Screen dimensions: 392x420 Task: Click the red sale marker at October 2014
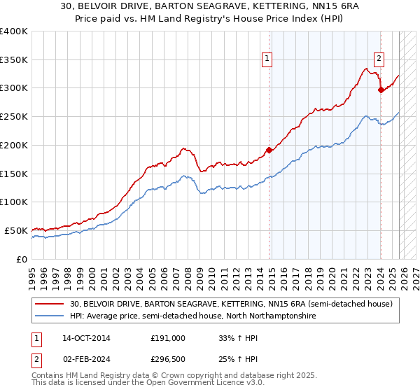click(x=269, y=150)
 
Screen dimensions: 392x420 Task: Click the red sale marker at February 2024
click(x=380, y=90)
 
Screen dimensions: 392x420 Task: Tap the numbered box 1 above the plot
click(x=268, y=59)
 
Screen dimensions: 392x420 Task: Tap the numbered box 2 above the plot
click(x=379, y=59)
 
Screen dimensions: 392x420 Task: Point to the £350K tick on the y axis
click(x=14, y=60)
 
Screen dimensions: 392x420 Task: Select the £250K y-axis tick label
click(x=14, y=117)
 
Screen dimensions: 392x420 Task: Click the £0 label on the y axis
click(x=21, y=259)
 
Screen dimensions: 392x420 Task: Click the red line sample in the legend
click(x=50, y=304)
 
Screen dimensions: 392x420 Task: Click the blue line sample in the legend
click(x=50, y=316)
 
